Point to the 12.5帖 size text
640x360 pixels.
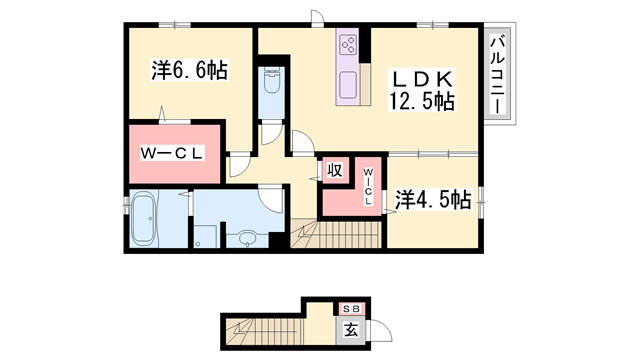click(x=421, y=101)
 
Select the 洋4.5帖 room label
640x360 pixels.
click(x=432, y=199)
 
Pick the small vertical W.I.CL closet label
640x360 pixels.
click(x=367, y=186)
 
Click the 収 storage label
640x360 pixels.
click(x=335, y=171)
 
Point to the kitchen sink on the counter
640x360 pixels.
click(x=349, y=83)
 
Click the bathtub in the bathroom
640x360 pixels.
click(x=146, y=219)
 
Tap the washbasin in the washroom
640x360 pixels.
click(x=246, y=237)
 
